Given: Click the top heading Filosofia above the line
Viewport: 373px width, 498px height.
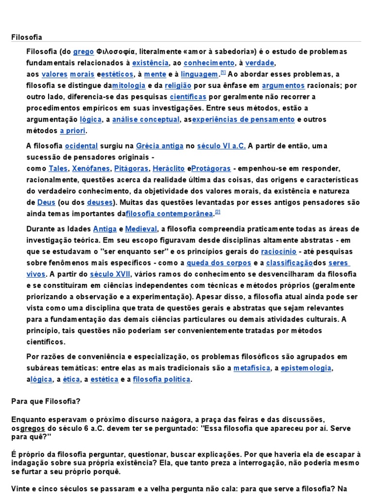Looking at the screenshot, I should coord(27,37).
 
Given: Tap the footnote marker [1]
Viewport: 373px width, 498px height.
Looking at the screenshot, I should coord(223,72).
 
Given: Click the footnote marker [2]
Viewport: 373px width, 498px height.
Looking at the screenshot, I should coord(218,212).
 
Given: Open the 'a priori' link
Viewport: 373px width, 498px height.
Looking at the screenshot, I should coord(73,131).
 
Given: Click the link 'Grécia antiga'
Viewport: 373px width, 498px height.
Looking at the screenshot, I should coord(153,146).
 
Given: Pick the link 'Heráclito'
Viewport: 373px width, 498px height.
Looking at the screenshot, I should coord(169,169).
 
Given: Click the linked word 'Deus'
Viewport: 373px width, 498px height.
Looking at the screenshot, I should coord(46,202).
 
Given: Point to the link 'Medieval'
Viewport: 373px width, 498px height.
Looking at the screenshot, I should coord(141,229).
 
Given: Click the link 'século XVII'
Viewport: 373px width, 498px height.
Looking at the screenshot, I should coord(111,274).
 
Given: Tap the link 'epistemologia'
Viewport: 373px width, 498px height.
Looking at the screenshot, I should coord(306,368).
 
